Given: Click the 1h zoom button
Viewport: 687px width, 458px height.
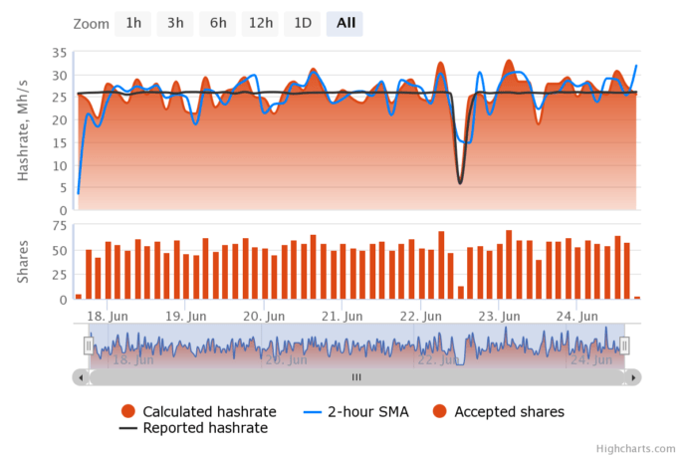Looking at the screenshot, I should coord(132,23).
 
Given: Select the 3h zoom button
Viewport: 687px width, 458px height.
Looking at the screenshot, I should coord(175,23).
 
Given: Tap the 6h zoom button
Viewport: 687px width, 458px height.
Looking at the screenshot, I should coord(217,23).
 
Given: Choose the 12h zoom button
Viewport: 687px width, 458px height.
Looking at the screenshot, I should coord(261,23).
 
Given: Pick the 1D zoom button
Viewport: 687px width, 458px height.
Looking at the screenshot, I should coord(302,23).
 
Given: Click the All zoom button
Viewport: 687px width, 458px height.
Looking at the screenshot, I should coord(345,23).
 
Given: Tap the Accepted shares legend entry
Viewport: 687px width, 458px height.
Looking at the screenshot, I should coord(500,411).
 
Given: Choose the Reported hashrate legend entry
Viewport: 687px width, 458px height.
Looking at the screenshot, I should coord(193,428).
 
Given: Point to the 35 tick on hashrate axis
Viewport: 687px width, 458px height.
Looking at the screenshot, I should coord(58,52).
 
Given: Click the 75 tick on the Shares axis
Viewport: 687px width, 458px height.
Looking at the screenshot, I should coord(58,226).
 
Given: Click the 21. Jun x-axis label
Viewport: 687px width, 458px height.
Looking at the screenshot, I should coord(340,316).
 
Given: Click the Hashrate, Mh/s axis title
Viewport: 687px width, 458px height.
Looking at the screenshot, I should coord(24,130).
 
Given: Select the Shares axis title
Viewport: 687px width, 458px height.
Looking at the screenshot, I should coord(24,262).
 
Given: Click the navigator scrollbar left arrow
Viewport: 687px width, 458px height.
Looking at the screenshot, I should coord(79,377).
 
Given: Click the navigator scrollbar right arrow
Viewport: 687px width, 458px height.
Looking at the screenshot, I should coord(634,377).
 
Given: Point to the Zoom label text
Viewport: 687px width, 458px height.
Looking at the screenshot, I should coord(91,23).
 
